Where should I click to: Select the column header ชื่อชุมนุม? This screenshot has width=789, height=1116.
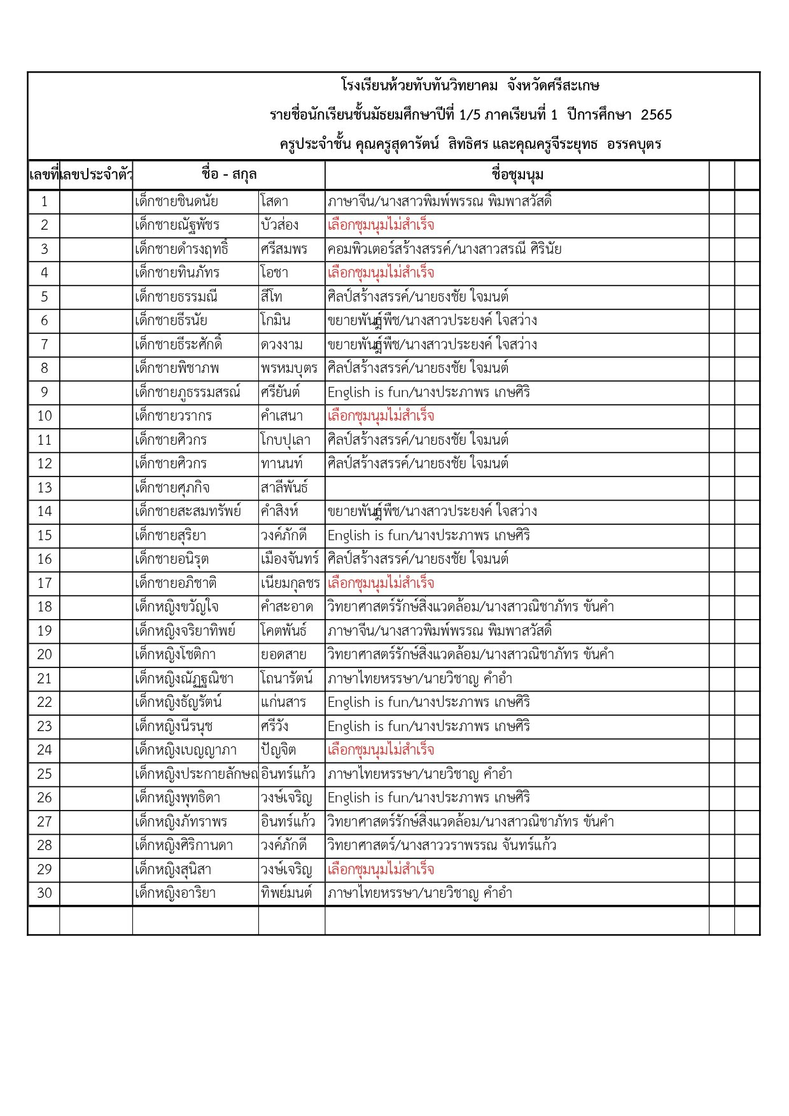point(517,175)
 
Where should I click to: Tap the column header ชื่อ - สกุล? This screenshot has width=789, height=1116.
point(228,175)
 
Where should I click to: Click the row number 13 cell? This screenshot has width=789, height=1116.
point(44,488)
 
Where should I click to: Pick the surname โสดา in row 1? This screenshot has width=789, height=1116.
point(274,202)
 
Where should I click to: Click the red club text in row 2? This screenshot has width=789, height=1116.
point(381,225)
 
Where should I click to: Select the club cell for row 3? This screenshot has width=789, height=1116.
point(444,249)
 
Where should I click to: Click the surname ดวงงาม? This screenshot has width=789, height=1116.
point(281,345)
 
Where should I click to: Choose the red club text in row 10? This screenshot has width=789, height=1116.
point(381,416)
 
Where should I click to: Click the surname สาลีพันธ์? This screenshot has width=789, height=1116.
point(284,488)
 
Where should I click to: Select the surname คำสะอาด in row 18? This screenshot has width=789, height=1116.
point(286,607)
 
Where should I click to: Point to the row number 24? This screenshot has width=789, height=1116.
point(44,750)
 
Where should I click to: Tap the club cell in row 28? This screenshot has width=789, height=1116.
point(442,846)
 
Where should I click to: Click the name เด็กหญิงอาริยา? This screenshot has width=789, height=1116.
point(175,893)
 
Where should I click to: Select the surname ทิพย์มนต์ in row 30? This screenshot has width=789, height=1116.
point(286,893)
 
